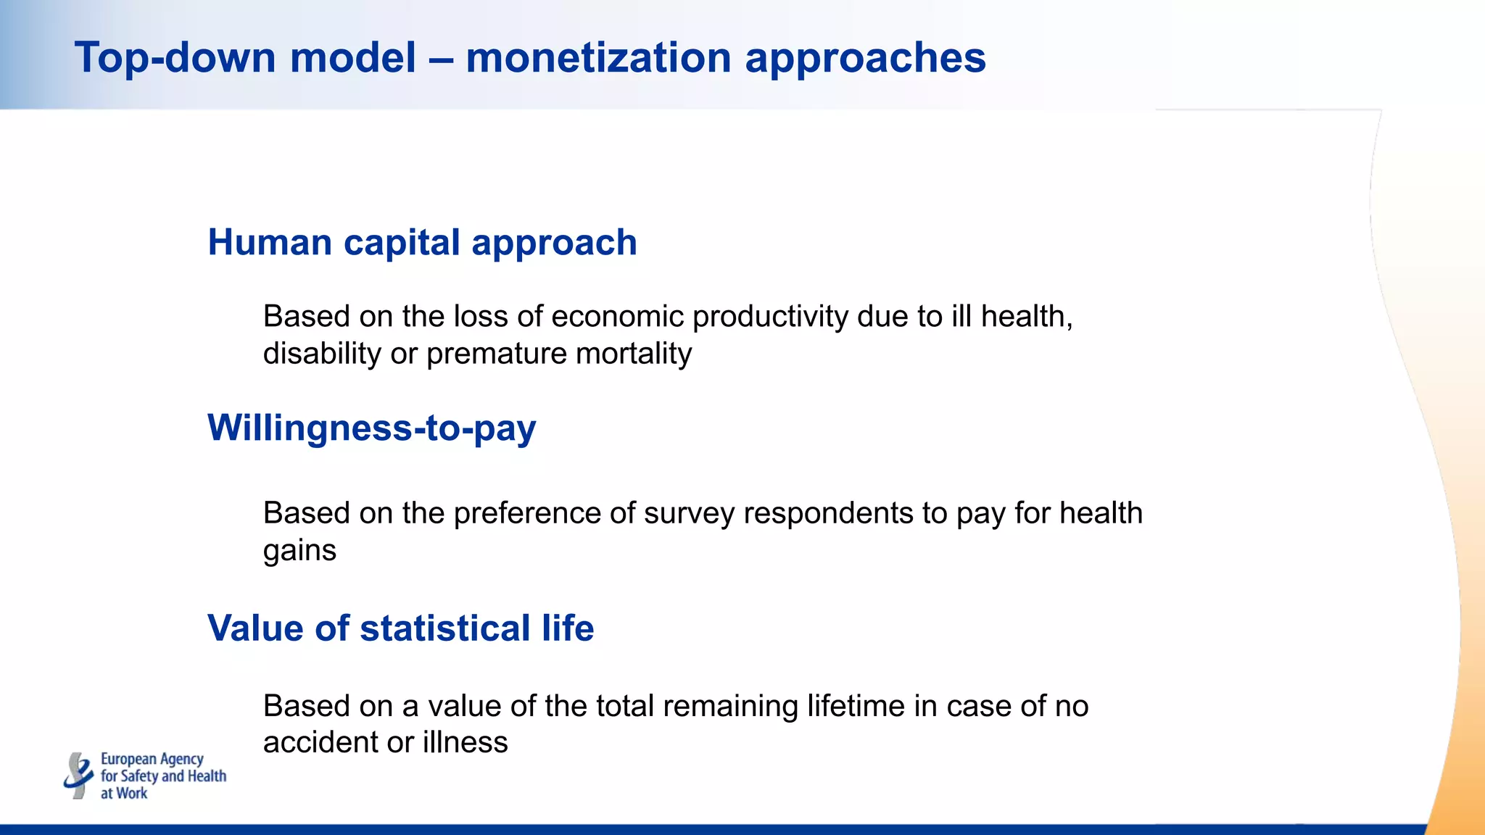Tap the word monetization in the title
[x=598, y=58]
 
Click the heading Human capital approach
[x=422, y=242]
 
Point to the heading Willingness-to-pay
[x=371, y=428]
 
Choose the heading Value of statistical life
[x=400, y=628]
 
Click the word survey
[x=689, y=514]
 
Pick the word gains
[x=299, y=551]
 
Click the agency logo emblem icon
[x=78, y=775]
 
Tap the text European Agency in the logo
[x=152, y=759]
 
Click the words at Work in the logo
[x=123, y=793]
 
